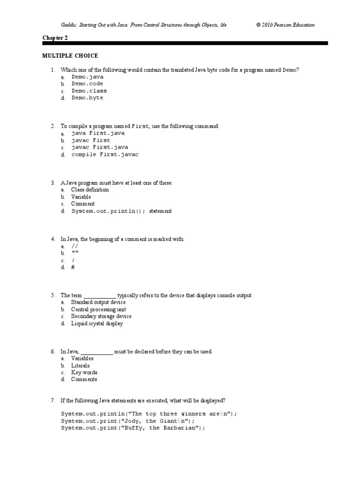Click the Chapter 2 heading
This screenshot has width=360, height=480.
pos(55,38)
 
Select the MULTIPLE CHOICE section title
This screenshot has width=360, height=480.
pos(70,56)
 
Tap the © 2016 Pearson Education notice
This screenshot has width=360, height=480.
pos(285,25)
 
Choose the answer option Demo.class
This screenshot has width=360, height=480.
pos(89,91)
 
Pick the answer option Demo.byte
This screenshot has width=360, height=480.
pos(87,98)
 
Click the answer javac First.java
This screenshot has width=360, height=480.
pos(99,147)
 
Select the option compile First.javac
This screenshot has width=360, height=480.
pos(105,154)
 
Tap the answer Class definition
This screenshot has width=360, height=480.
pos(90,190)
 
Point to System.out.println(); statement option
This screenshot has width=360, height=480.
pos(121,211)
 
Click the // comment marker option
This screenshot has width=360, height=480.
pos(75,246)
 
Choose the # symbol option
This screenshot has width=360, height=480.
pos(73,267)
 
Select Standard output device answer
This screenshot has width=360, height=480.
pos(98,302)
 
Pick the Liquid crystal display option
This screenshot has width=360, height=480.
pos(97,323)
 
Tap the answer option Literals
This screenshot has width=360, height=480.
pos(80,366)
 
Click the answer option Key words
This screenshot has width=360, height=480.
pos(84,373)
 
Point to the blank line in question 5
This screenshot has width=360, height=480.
pos(100,296)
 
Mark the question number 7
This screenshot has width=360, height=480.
pos(53,400)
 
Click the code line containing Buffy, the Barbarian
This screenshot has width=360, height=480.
pos(133,428)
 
